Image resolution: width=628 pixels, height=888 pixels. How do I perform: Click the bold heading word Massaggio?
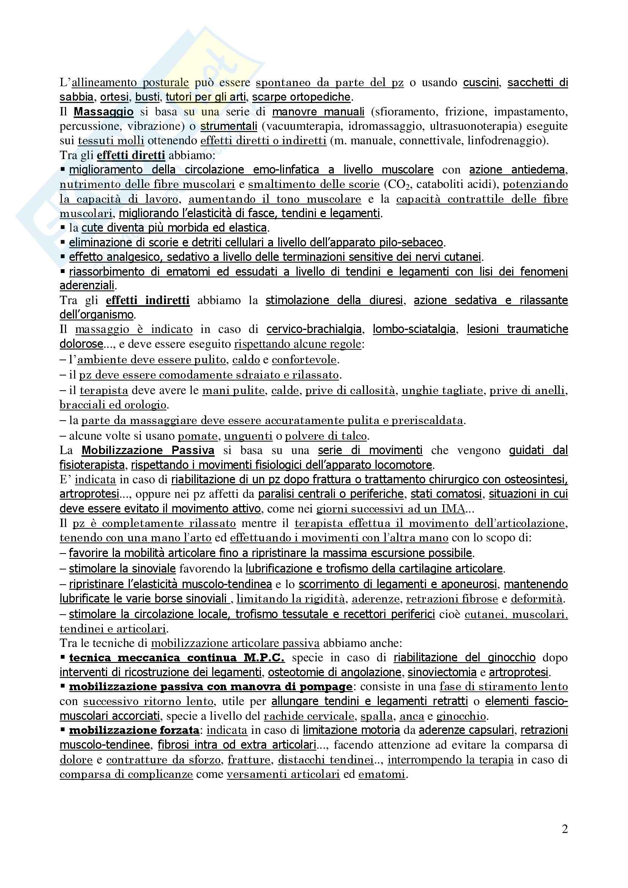pyautogui.click(x=104, y=112)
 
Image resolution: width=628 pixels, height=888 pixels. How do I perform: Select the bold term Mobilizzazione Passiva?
pyautogui.click(x=148, y=450)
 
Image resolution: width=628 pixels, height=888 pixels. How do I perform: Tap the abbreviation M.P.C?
pyautogui.click(x=264, y=658)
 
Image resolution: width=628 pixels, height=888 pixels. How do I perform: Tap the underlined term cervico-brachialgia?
pyautogui.click(x=314, y=329)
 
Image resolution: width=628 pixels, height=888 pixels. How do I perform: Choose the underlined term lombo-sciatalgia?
pyautogui.click(x=414, y=329)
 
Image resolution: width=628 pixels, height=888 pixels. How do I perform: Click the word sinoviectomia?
pyautogui.click(x=442, y=672)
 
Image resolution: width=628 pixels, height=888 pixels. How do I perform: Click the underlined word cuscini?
pyautogui.click(x=481, y=83)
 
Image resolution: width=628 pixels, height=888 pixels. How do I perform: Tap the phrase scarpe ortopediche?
pyautogui.click(x=301, y=97)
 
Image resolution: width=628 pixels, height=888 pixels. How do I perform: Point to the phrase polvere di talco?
pyautogui.click(x=326, y=436)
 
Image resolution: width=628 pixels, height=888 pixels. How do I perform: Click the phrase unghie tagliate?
pyautogui.click(x=442, y=391)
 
